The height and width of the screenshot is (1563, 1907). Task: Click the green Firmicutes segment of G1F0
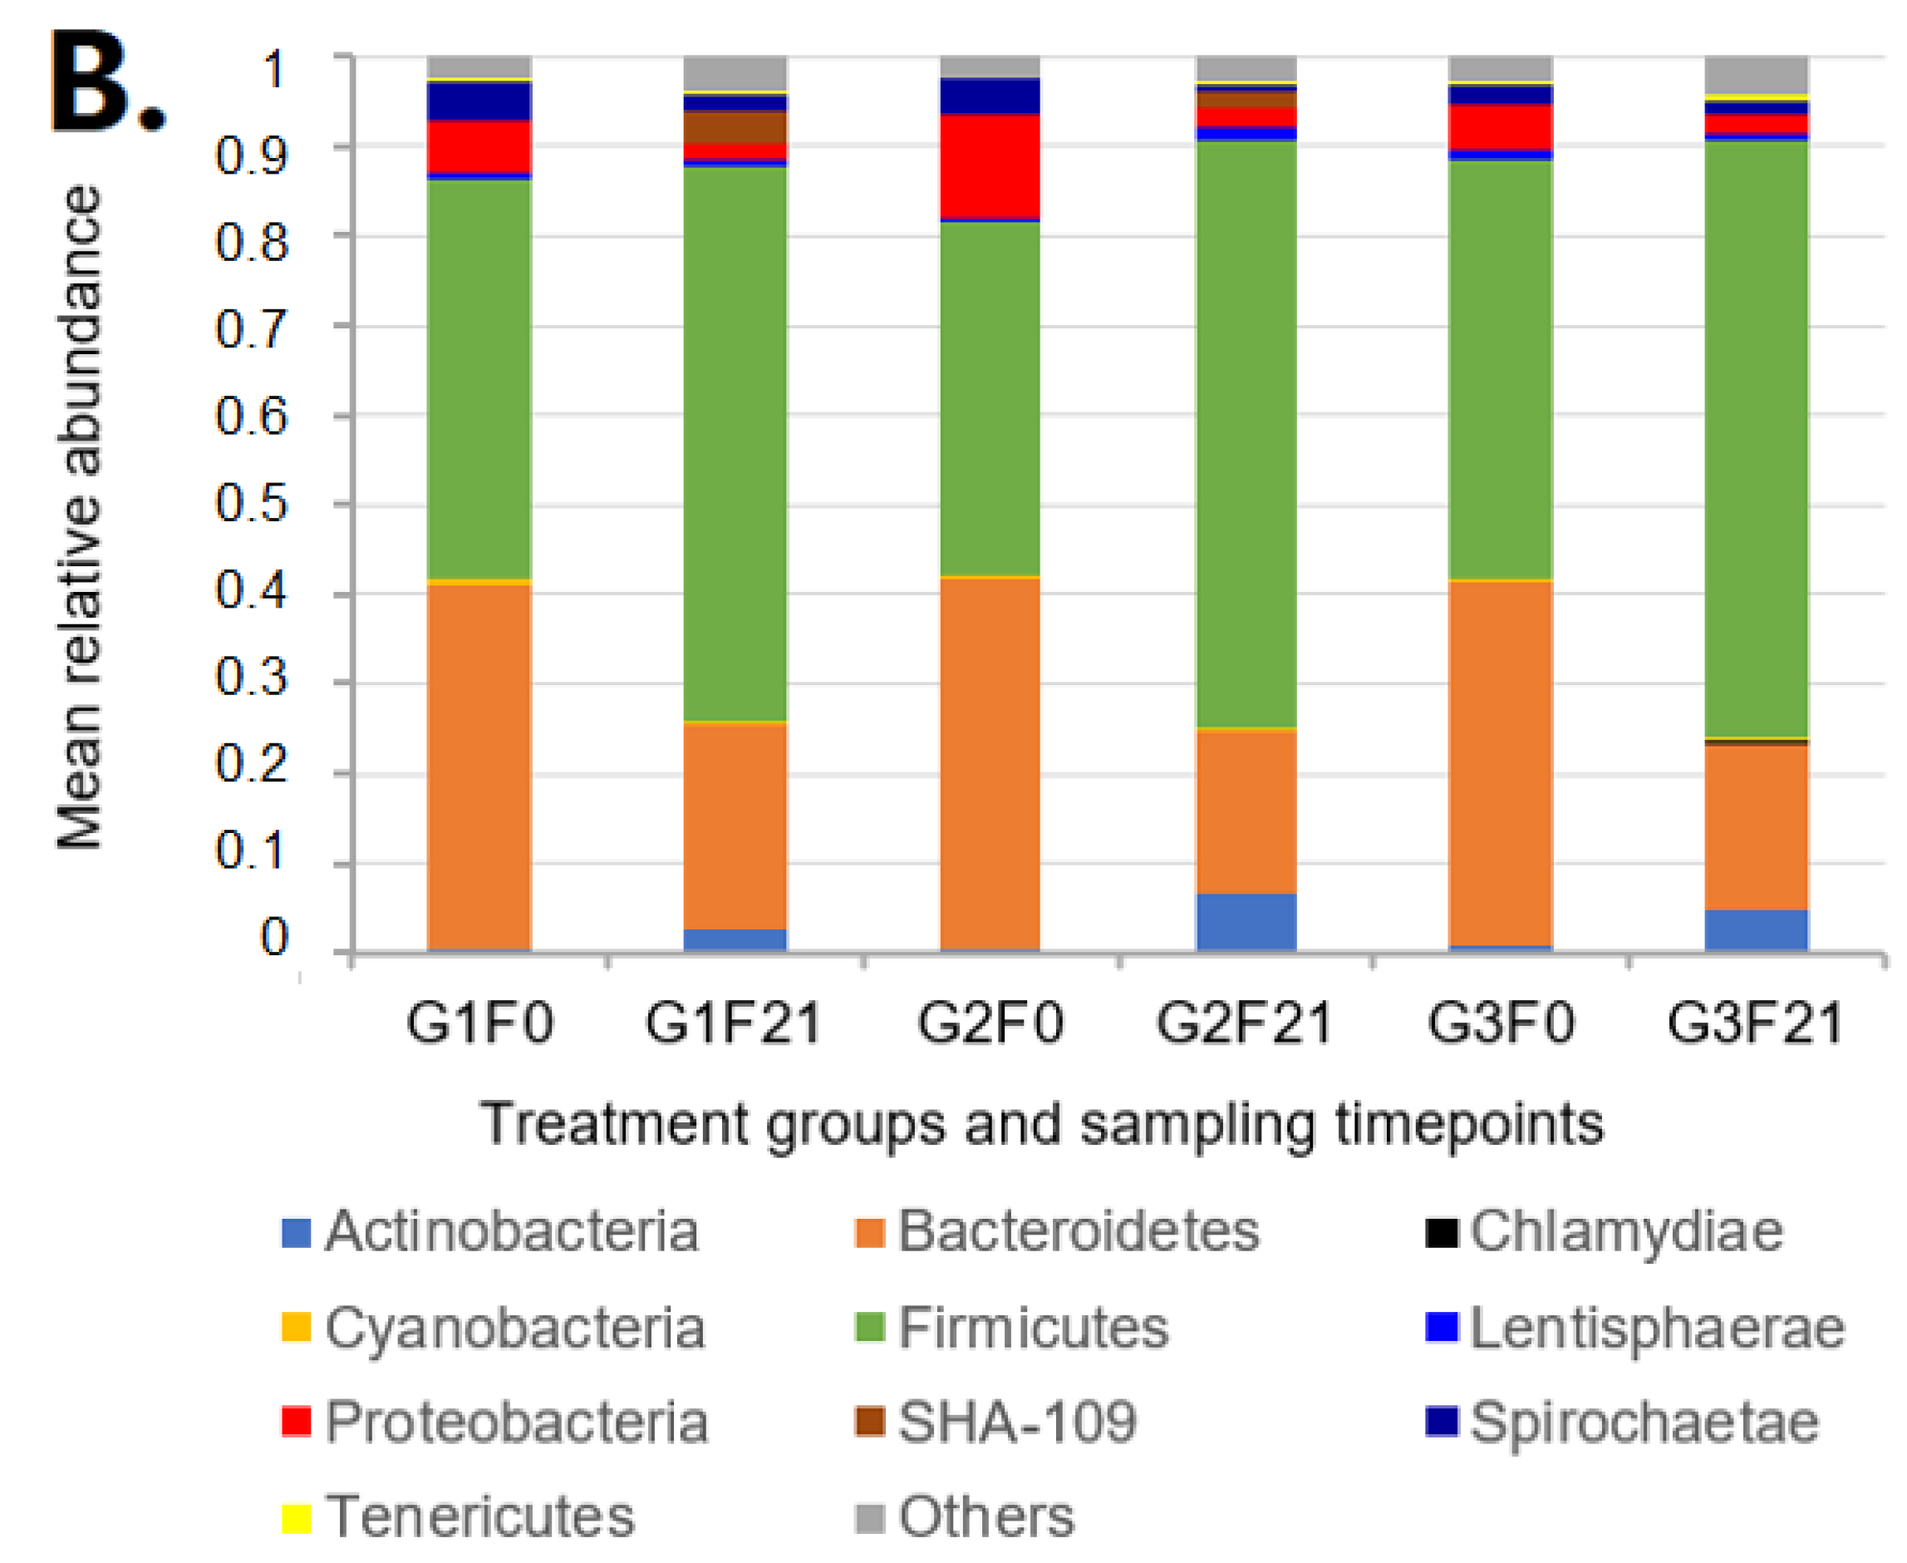[479, 378]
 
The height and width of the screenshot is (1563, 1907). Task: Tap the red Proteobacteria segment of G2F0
[989, 166]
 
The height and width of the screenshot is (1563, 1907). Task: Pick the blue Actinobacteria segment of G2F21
[1246, 922]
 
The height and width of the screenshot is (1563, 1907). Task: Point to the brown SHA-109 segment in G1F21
[735, 127]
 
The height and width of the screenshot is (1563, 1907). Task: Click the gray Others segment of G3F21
[1756, 74]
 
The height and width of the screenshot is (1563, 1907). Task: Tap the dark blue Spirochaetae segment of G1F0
[479, 101]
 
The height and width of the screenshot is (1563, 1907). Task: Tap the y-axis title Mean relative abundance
[79, 518]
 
